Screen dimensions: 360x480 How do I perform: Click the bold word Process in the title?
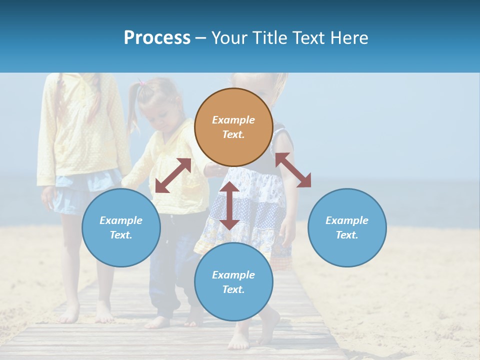coord(157,38)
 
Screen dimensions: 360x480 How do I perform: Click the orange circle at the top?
coord(233,100)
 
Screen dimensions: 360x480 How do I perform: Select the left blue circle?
coord(121,250)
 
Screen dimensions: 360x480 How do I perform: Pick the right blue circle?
coord(347,250)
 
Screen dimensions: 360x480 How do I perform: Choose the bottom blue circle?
coord(233,307)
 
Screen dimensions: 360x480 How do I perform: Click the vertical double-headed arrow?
coord(229,205)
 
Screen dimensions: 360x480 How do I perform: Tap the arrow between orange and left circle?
coord(173,175)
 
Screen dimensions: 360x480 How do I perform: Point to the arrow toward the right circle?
coord(293,170)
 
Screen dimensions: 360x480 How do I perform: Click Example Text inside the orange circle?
coord(233,127)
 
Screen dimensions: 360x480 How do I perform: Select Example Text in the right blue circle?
coord(347,227)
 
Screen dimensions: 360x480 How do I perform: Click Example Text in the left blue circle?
coord(121,227)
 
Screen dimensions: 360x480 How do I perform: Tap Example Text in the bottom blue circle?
coord(233,282)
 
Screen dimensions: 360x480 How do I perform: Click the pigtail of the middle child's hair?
coord(133,107)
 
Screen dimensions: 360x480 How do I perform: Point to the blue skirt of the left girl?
coord(75,192)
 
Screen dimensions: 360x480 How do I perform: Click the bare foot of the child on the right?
coord(239,342)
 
